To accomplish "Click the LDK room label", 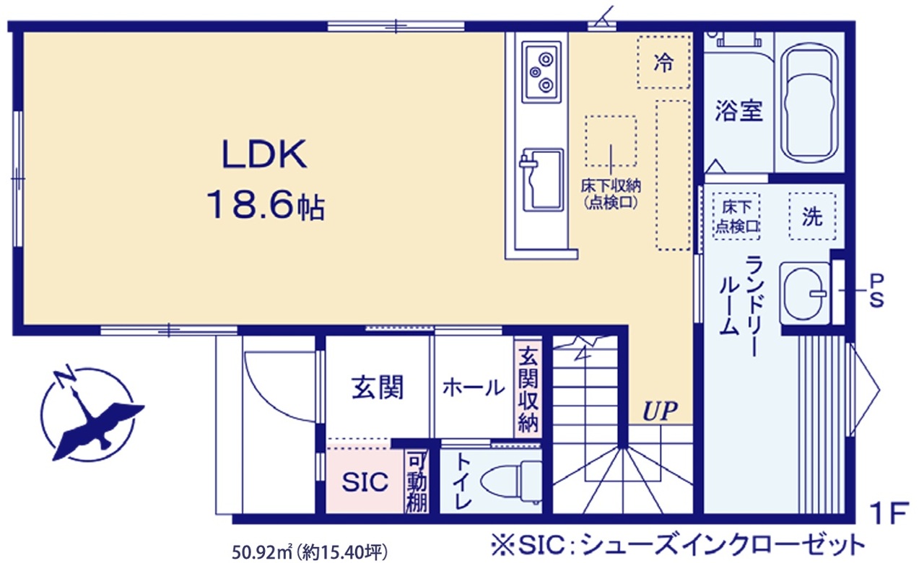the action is pos(264,154).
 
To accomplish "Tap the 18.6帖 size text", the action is pos(266,204).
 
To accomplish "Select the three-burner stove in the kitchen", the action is pos(541,71).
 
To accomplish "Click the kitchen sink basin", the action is pos(543,180).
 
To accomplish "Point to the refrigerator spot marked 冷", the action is pos(663,62).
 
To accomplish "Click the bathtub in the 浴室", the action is pos(809,102).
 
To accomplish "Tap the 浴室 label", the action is pos(738,110).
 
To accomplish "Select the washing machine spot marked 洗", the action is pos(812,216).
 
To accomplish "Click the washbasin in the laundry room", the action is pos(804,294).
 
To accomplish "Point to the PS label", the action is pos(877,291).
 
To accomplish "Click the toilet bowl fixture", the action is pos(511,481).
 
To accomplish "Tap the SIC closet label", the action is pos(365,481).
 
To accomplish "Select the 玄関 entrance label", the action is pos(378,388).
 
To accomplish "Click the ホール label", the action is pos(474,388).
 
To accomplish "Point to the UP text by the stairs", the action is pos(660,411).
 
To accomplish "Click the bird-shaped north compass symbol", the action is pos(92,414).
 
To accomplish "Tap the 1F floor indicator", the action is pos(889,512).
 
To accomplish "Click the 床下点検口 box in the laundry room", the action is pos(736,216).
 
